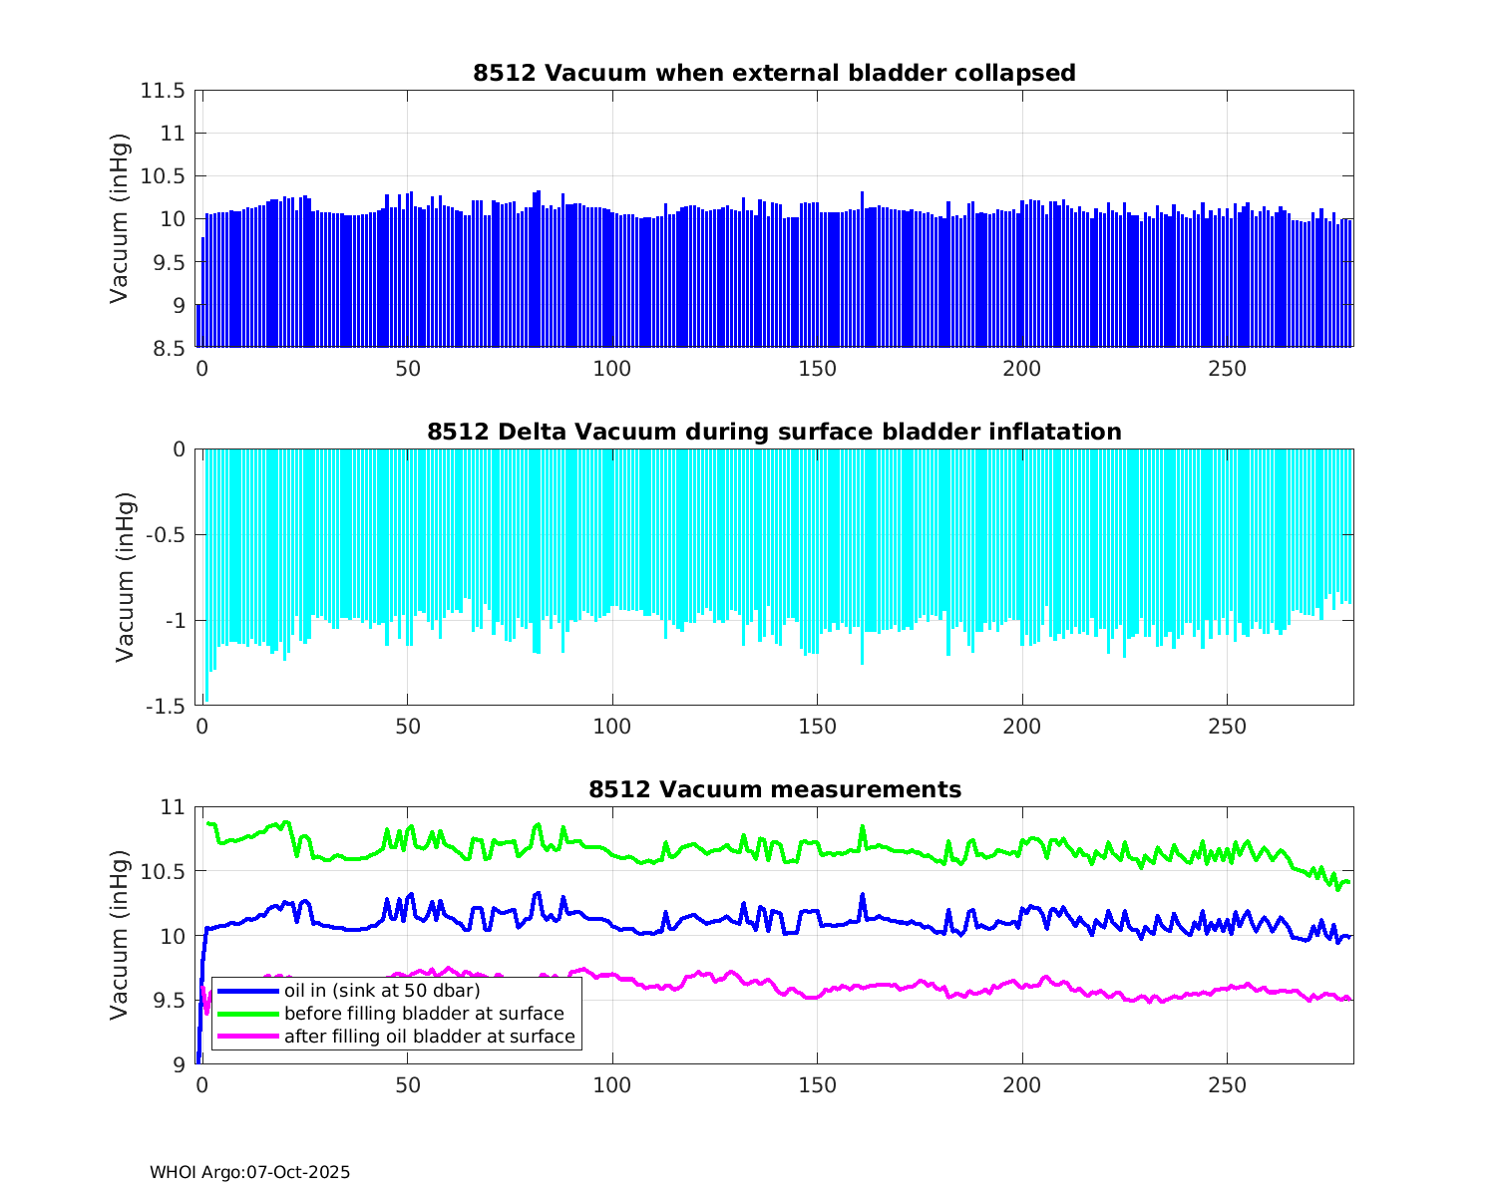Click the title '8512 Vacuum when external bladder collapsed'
774,73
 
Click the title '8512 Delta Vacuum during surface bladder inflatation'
774,432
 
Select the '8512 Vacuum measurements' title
774,790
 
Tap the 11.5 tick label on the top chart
163,91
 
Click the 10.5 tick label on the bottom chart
163,871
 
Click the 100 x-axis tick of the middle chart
611,728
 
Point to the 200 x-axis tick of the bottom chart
1021,1085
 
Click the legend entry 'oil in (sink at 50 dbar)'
382,991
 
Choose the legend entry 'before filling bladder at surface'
424,1014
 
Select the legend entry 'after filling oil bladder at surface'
429,1037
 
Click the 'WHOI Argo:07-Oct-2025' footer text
249,1172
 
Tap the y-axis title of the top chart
120,218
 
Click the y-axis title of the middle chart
124,577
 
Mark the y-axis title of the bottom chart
120,935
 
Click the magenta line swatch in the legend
247,1037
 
